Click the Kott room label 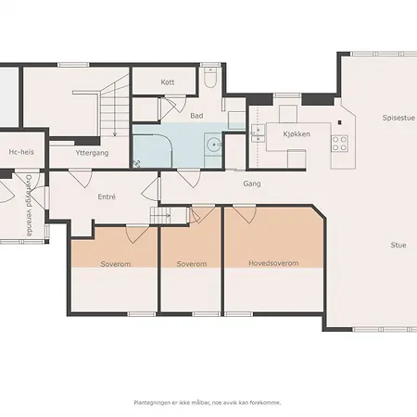(x=168, y=82)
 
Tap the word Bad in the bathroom (x=196, y=116)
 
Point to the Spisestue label (x=398, y=118)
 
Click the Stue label (x=398, y=245)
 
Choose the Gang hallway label (x=251, y=183)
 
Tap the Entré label (x=107, y=197)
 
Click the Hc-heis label (x=21, y=153)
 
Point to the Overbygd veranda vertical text (x=30, y=205)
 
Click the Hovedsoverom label (x=273, y=263)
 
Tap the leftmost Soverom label (x=115, y=264)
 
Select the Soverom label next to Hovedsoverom (x=191, y=264)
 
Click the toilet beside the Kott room (x=211, y=81)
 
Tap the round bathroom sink (x=214, y=145)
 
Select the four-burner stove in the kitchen (x=339, y=143)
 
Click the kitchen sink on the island (x=259, y=133)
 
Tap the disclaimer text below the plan (x=208, y=402)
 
